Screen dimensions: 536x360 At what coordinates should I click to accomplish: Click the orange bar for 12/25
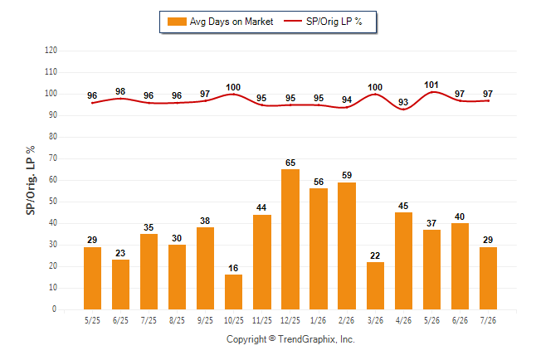[290, 240]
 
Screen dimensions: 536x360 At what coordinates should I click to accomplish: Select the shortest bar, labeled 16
[233, 292]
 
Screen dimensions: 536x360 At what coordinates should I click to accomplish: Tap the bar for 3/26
[375, 286]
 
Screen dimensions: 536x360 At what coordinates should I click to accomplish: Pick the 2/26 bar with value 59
[347, 246]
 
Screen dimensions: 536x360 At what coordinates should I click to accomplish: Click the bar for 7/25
[149, 272]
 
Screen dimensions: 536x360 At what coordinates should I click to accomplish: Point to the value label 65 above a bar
[290, 163]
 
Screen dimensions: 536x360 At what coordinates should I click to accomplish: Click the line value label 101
[431, 85]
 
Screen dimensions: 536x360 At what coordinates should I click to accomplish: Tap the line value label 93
[403, 102]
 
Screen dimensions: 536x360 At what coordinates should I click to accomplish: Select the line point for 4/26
[403, 109]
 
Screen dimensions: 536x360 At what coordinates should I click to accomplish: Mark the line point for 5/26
[431, 92]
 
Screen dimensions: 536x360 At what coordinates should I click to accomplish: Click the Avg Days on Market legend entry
[221, 22]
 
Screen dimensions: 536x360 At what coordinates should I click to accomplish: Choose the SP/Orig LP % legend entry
[323, 22]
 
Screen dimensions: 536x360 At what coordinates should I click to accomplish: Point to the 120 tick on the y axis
[51, 51]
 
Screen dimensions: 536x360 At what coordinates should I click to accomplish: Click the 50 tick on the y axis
[53, 202]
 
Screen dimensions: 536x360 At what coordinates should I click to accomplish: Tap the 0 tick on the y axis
[55, 309]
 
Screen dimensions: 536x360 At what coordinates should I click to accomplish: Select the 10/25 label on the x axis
[234, 320]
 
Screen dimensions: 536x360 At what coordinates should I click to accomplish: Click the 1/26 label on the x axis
[319, 320]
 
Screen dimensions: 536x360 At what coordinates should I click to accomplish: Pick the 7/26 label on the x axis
[488, 320]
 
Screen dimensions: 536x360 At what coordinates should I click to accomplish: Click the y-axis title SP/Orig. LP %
[31, 181]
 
